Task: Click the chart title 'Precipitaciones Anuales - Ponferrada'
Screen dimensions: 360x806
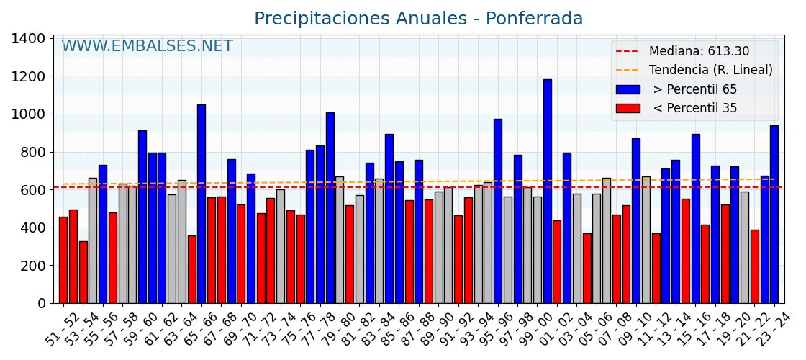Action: point(418,19)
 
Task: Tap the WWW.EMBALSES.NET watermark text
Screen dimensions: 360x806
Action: point(147,47)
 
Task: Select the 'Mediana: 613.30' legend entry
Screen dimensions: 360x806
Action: point(698,52)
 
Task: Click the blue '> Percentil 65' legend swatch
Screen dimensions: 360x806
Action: point(628,90)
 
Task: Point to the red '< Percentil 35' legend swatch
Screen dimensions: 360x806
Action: point(628,109)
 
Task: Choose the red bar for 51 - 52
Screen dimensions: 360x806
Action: point(63,260)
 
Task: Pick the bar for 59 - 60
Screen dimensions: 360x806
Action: point(142,217)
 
